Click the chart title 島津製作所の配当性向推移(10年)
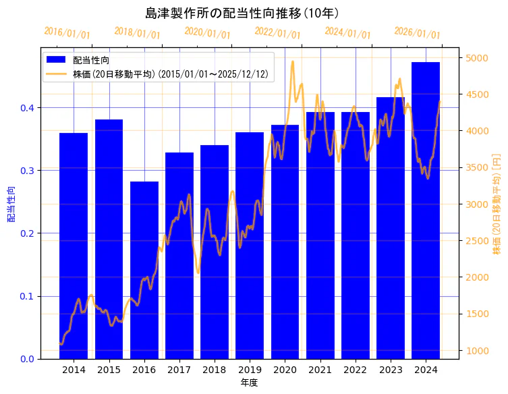(242, 13)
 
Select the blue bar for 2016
(144, 270)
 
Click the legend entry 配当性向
(91, 61)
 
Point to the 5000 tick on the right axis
(476, 58)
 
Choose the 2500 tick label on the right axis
(476, 241)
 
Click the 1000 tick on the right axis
(476, 351)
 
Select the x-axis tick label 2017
(179, 370)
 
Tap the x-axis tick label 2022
(355, 370)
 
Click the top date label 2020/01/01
(207, 32)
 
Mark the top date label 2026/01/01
(417, 32)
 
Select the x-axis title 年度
(250, 383)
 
